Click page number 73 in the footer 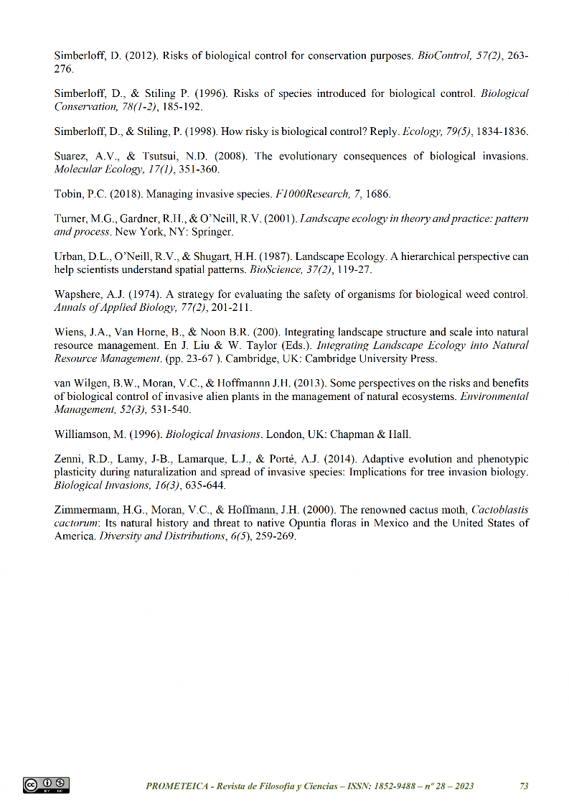click(524, 786)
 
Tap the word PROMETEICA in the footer click(177, 786)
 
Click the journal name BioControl click(441, 55)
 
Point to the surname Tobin click(69, 195)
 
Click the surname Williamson click(85, 434)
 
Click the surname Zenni click(69, 459)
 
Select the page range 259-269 click(276, 536)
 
